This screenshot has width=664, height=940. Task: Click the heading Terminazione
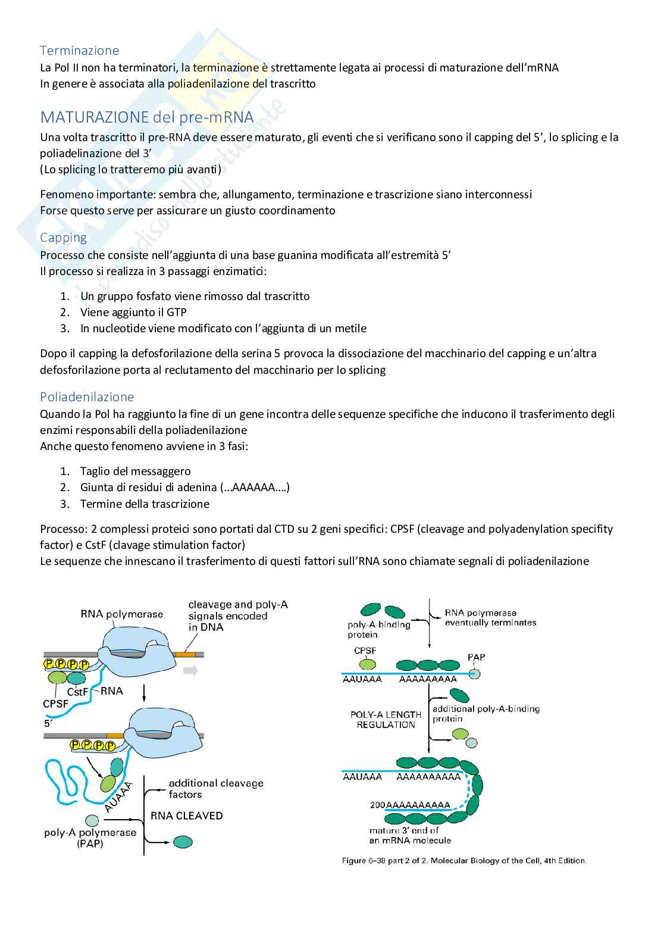pyautogui.click(x=79, y=50)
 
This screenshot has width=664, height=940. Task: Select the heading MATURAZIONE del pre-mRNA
pyautogui.click(x=146, y=117)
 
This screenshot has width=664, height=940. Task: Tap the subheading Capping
pyautogui.click(x=63, y=238)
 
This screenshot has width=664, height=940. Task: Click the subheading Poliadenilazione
pyautogui.click(x=87, y=396)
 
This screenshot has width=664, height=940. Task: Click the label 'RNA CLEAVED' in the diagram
pyautogui.click(x=186, y=816)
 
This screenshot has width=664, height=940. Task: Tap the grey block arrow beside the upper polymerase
pyautogui.click(x=190, y=670)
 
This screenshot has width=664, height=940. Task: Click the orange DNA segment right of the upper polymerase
pyautogui.click(x=184, y=654)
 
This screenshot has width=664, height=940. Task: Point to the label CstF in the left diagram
pyautogui.click(x=77, y=692)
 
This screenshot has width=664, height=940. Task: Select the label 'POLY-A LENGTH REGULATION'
pyautogui.click(x=386, y=719)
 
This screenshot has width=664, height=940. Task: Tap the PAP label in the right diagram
pyautogui.click(x=476, y=657)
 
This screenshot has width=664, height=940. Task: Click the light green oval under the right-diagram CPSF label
pyautogui.click(x=366, y=665)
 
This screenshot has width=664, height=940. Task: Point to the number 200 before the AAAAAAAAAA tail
pyautogui.click(x=378, y=804)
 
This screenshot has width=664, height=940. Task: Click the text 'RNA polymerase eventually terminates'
pyautogui.click(x=490, y=617)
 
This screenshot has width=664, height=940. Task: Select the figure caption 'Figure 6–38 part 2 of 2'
pyautogui.click(x=464, y=860)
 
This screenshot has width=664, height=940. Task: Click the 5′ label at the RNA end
pyautogui.click(x=48, y=723)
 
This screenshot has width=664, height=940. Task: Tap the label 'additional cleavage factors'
pyautogui.click(x=215, y=789)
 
